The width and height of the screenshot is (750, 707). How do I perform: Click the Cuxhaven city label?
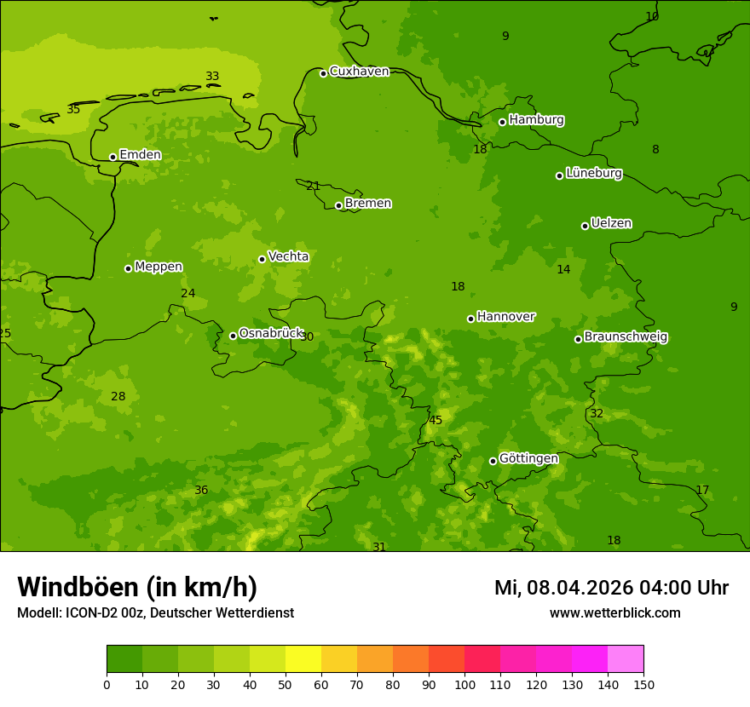click(359, 72)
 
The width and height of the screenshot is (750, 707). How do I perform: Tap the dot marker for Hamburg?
click(502, 122)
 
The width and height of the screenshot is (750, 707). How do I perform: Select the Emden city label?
click(140, 155)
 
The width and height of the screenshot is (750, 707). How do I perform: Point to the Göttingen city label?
click(528, 459)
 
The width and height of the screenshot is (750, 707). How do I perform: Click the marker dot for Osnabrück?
click(233, 336)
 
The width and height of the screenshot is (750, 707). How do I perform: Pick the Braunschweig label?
click(626, 337)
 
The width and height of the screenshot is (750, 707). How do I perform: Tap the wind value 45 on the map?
click(436, 421)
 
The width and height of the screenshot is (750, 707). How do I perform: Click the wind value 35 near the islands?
click(73, 110)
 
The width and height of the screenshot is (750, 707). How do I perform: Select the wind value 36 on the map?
click(201, 491)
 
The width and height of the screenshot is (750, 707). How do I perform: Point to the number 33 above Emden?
click(212, 77)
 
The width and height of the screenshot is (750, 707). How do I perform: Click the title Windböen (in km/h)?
click(137, 588)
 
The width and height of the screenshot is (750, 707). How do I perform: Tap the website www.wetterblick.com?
click(614, 613)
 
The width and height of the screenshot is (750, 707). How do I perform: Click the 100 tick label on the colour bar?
click(464, 684)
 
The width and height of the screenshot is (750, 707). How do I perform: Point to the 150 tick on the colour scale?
click(643, 684)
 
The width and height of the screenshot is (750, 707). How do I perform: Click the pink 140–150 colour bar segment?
click(626, 659)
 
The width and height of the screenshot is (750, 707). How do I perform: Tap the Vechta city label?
click(288, 257)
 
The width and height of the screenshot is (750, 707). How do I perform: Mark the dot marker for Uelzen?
click(585, 226)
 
